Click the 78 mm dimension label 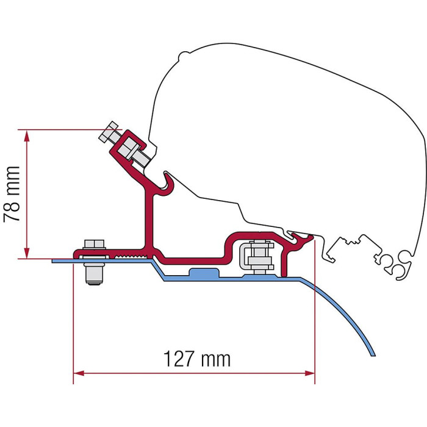point(12,193)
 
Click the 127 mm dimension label point(197,359)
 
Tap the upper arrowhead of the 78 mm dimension point(26,136)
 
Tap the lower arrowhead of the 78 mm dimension point(26,252)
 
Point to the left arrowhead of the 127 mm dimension point(79,373)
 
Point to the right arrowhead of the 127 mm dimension point(309,373)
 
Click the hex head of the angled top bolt point(108,132)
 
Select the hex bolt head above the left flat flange point(94,244)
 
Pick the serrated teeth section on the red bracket point(132,256)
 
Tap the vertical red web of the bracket point(149,221)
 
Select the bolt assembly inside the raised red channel point(256,257)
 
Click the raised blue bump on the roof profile point(204,272)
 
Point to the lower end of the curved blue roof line point(373,355)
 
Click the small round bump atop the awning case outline point(183,56)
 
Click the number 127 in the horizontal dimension point(179,359)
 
